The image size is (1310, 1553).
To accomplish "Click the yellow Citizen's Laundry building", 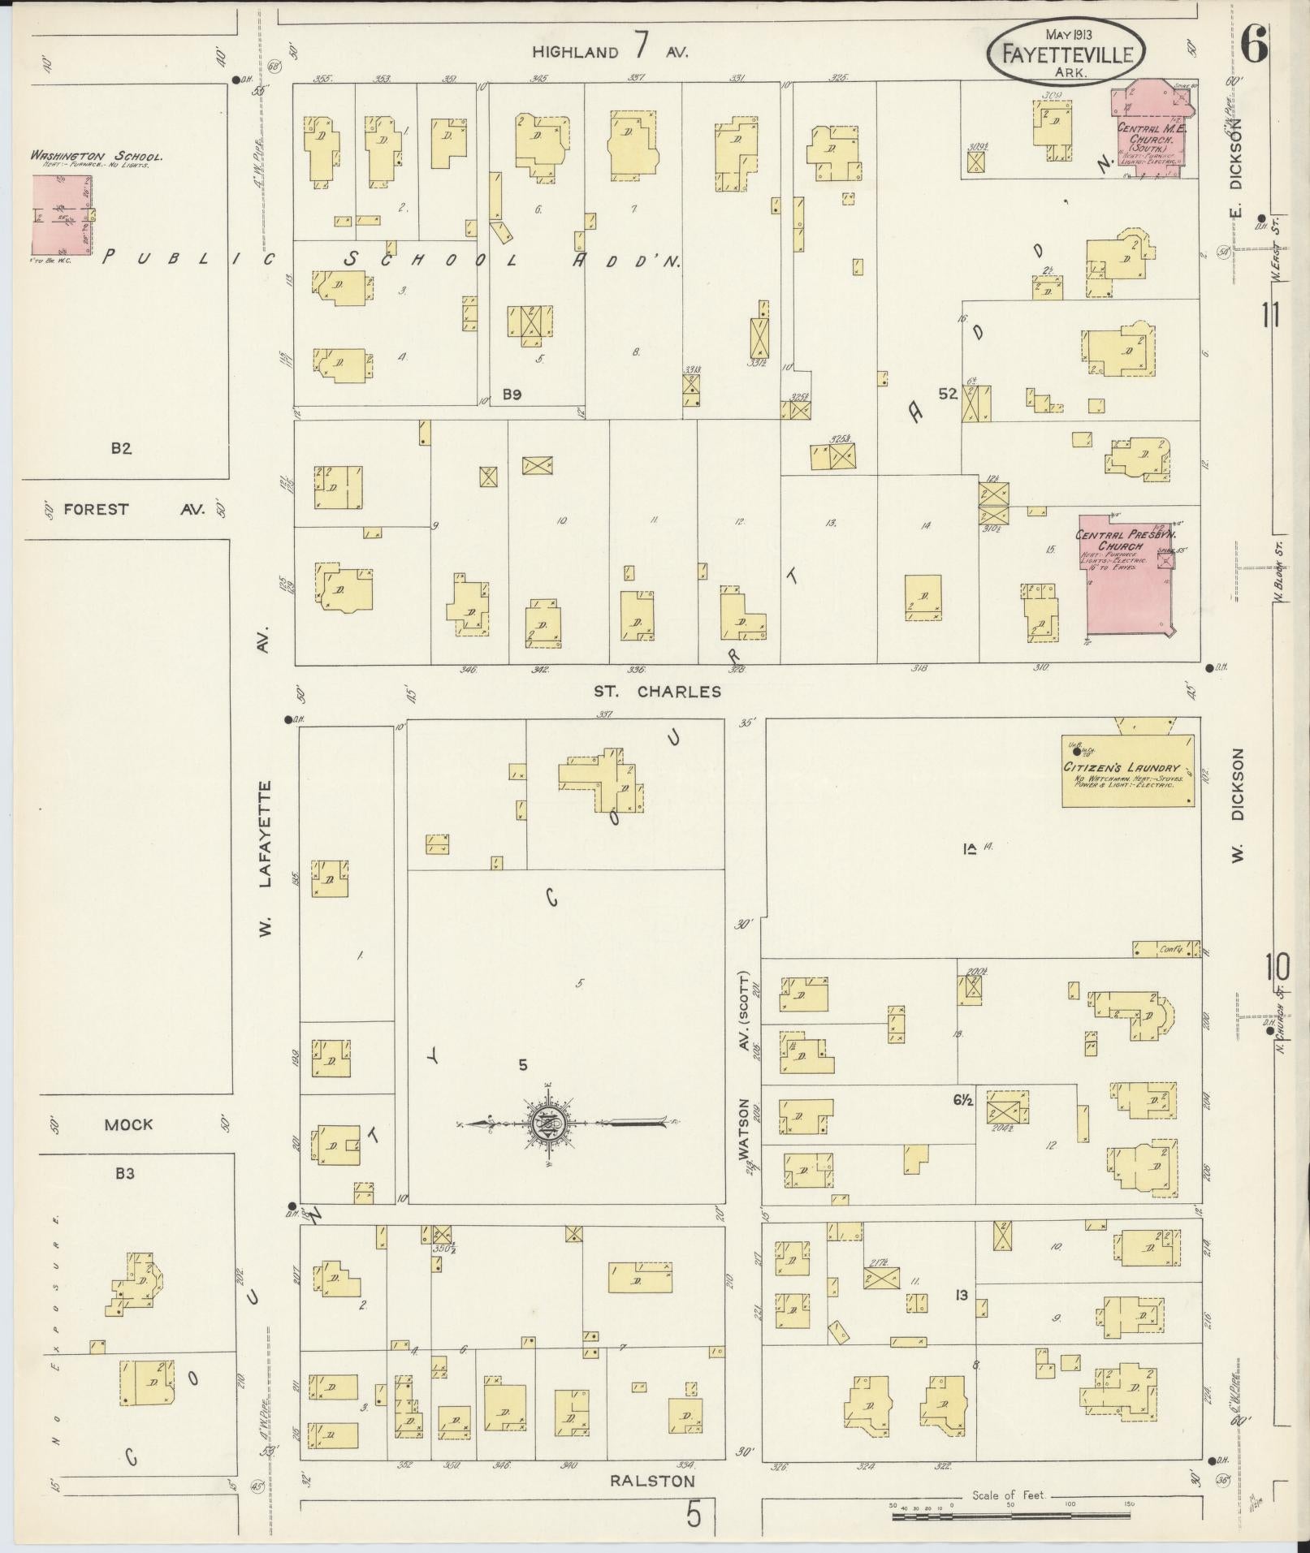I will click(1127, 770).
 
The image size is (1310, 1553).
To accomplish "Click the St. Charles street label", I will click(657, 692).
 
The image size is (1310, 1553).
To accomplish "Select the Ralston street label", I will click(652, 1480).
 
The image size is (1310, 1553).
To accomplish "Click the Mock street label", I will click(128, 1124).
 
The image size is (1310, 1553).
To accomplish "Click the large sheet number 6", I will click(1254, 45).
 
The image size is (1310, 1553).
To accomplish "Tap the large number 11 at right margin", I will click(1271, 314).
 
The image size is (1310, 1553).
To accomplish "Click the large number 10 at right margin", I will click(1277, 967).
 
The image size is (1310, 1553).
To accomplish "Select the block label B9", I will click(511, 395).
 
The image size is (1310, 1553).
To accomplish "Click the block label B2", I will click(121, 447).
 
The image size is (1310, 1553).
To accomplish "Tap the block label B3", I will click(124, 1172).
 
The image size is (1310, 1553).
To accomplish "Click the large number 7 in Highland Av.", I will click(641, 47).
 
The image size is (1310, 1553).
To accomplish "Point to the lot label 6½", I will click(963, 1100).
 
